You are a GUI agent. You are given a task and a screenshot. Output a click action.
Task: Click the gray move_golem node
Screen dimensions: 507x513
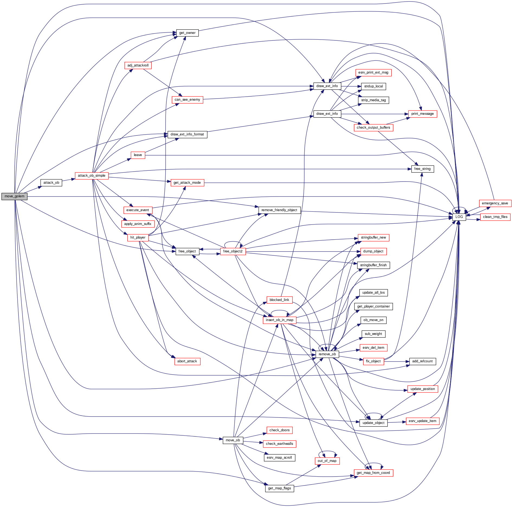14,196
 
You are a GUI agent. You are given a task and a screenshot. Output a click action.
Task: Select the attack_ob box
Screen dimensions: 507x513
51,183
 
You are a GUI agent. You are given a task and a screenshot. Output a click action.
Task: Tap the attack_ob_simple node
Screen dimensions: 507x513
92,176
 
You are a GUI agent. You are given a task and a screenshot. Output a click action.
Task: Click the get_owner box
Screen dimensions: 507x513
187,33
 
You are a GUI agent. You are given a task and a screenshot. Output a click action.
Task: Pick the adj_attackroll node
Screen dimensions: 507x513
138,65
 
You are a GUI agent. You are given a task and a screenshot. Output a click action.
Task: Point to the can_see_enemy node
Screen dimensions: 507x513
187,100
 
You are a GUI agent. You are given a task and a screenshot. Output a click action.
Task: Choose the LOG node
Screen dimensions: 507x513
459,217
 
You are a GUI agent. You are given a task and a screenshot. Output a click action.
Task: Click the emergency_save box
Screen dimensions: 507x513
495,203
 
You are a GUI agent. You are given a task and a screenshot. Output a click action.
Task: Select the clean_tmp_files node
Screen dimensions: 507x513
495,217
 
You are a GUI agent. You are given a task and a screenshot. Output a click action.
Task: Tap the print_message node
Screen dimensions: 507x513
422,114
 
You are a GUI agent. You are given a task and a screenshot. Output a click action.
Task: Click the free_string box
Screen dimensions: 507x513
422,169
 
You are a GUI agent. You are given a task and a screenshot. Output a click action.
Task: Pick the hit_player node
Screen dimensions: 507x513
138,237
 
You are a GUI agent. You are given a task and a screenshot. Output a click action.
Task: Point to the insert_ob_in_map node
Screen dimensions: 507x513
279,320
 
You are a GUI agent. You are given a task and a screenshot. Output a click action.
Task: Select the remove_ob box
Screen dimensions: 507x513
327,354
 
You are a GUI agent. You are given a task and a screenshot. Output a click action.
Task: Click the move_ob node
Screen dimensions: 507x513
233,440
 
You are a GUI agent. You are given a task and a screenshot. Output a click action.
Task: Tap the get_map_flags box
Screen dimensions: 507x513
279,488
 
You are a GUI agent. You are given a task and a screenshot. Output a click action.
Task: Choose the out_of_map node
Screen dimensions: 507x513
327,461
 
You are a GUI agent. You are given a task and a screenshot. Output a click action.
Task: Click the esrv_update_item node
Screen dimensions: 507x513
422,421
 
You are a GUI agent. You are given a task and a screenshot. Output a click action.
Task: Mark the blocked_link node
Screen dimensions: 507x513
279,300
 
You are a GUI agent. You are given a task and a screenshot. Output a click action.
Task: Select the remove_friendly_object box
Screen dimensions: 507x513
279,210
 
